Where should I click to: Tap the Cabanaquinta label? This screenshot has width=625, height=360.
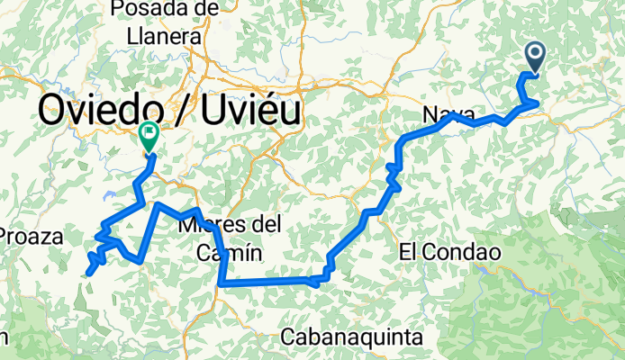(351, 337)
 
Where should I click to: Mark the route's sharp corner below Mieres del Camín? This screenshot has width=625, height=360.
(221, 283)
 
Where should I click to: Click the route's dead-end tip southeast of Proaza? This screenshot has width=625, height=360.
(88, 273)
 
